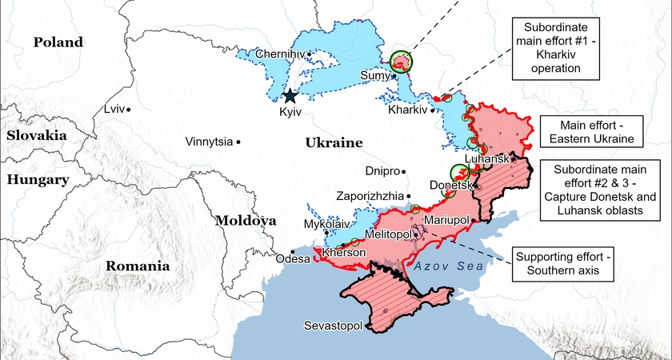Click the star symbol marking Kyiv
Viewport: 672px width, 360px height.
coord(290,96)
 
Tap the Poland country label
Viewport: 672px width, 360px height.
coord(58,42)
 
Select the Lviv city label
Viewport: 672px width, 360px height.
coord(114,109)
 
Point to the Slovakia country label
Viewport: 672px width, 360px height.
coord(36,135)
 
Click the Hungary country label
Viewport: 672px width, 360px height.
coord(38,180)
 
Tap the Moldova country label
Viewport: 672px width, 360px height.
coord(247,220)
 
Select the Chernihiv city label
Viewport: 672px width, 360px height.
coord(280,54)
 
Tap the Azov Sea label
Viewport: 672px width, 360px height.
coord(452,268)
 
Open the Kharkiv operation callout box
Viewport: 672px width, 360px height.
coord(557,48)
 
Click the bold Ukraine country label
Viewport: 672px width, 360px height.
coord(334,143)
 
